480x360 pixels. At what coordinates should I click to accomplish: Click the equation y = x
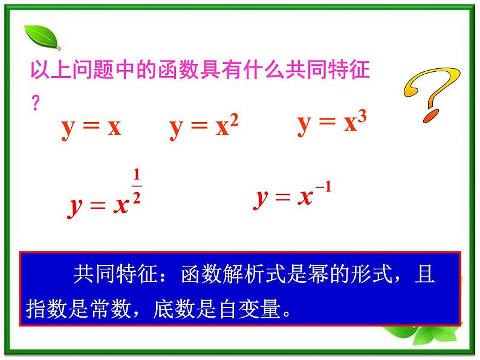tap(91, 127)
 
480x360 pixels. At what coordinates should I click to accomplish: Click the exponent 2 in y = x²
tap(235, 120)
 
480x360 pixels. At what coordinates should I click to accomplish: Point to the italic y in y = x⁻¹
tap(262, 198)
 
